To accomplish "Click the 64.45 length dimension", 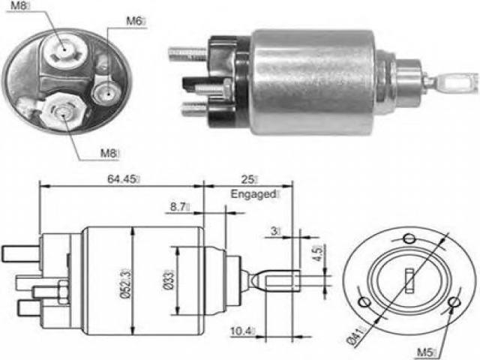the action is (x=121, y=179).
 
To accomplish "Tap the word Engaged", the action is (x=253, y=194).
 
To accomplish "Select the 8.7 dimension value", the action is (x=178, y=207).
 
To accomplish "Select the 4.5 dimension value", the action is (x=318, y=253).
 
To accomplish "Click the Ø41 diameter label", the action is (x=355, y=337).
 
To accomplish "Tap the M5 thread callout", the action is (x=425, y=352).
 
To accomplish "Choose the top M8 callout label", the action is (x=18, y=5).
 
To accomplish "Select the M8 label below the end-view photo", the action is (x=108, y=153).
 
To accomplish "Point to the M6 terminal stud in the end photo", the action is (x=107, y=92).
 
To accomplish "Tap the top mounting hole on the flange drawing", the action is (x=409, y=238).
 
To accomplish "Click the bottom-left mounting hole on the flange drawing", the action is (x=364, y=301).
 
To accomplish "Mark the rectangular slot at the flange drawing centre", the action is (x=409, y=280).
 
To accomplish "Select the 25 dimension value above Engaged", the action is (x=247, y=179).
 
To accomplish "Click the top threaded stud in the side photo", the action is (x=187, y=53).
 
